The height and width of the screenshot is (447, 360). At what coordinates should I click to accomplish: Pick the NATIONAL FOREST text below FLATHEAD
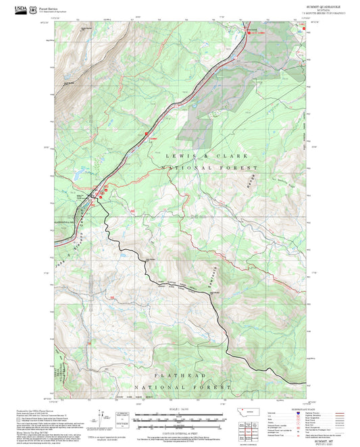tap(178, 387)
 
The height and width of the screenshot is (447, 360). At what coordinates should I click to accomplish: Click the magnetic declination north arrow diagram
tap(102, 415)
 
